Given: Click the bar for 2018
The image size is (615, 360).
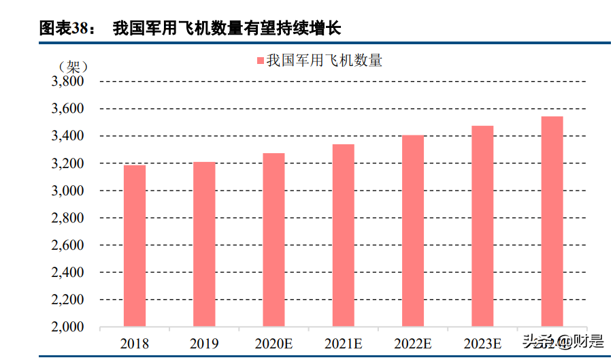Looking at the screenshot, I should click(135, 246).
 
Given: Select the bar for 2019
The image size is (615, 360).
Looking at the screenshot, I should click(204, 244).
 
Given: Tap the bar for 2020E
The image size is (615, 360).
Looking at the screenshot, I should click(273, 240).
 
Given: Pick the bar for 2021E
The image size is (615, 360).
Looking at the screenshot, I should click(343, 235).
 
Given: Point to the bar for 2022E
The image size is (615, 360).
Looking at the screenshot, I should click(413, 231).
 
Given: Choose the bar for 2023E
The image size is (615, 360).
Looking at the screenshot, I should click(482, 226).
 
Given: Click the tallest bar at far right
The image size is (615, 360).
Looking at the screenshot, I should click(552, 221).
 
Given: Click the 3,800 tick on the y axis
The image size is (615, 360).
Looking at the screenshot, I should click(67, 82).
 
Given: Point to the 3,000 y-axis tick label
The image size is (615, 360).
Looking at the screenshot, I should click(67, 191).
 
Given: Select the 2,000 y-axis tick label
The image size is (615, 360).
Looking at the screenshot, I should click(67, 327).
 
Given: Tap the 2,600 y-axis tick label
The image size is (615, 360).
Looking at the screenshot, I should click(67, 245).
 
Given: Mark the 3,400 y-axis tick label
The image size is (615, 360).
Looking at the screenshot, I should click(67, 136).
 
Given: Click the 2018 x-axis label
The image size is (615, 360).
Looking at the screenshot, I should click(135, 343).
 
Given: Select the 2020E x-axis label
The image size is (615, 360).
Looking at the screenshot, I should click(273, 343).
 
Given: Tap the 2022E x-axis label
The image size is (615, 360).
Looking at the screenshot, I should click(413, 343).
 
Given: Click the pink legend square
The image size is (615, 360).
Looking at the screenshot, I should click(259, 61).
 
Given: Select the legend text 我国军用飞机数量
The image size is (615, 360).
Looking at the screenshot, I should click(324, 61).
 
